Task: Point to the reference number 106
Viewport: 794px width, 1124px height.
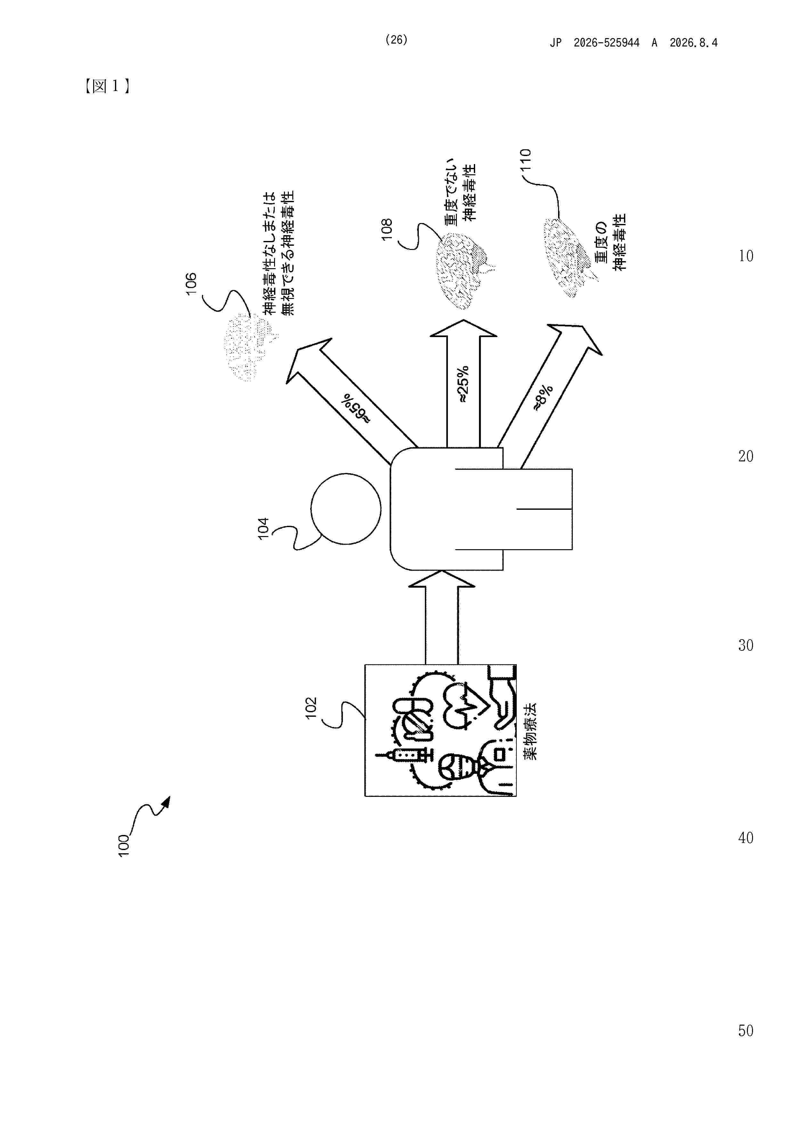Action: (191, 284)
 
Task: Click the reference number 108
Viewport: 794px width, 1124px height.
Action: (387, 229)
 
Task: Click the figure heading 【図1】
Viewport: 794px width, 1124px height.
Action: (107, 86)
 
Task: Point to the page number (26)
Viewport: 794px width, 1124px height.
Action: (396, 40)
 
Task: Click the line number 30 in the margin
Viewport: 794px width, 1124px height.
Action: (746, 645)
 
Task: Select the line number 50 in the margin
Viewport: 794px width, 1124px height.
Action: (746, 1030)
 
